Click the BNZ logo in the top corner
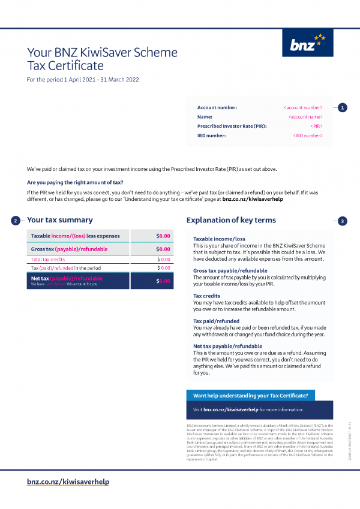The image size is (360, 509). coord(307,43)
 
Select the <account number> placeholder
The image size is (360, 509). coord(303,107)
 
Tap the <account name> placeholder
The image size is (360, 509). coord(305,117)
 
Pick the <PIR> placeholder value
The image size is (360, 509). coord(317,127)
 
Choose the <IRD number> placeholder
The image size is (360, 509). coord(308,136)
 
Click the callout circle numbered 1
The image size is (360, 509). coord(342,108)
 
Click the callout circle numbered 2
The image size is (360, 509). coord(16,221)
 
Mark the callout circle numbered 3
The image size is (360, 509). coord(342,221)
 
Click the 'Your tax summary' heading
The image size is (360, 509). coord(60,220)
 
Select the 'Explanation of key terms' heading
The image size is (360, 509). coord(231,220)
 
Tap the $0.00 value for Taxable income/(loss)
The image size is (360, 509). coord(163,236)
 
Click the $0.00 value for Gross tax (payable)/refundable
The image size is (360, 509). coord(163,249)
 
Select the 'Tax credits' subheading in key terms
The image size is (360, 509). coord(206,296)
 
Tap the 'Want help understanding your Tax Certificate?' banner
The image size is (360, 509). coord(251,396)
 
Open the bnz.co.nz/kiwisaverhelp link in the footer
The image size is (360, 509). coord(68,481)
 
